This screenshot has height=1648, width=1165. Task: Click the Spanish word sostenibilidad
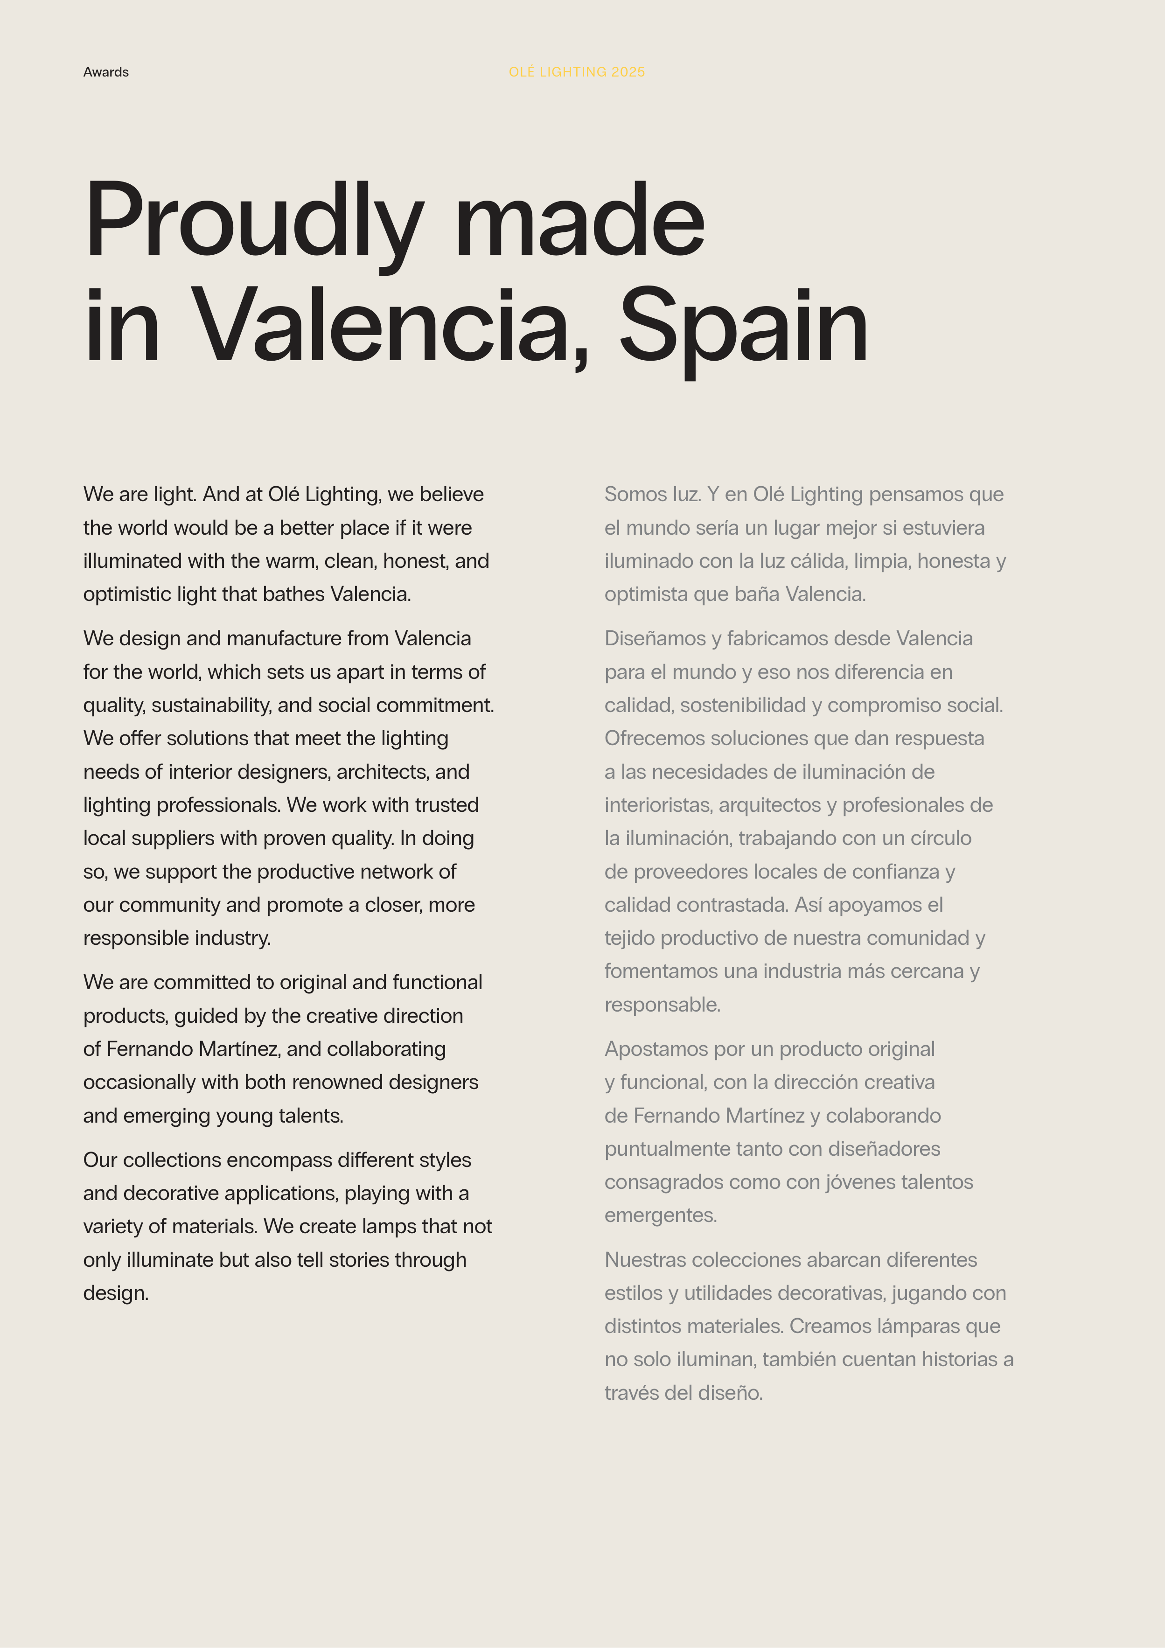tap(743, 705)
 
